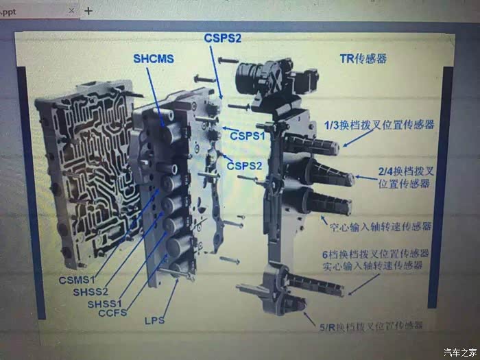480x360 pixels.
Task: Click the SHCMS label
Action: coord(154,58)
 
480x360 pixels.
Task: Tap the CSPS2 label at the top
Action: coord(223,38)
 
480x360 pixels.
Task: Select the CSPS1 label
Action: coord(248,136)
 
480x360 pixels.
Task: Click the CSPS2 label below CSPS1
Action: coord(244,166)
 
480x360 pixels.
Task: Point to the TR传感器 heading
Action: coord(363,58)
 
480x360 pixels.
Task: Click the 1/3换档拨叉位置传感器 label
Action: coord(379,125)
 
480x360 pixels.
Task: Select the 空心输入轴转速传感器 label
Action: coord(381,226)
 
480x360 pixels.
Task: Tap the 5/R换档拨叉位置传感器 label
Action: coord(371,326)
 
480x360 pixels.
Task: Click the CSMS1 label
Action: coord(77,280)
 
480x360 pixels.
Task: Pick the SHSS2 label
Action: coord(91,291)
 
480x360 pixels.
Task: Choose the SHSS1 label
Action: coord(104,304)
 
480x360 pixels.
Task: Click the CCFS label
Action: coord(112,313)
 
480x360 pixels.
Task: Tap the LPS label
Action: coord(154,320)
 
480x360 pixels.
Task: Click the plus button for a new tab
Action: coord(88,11)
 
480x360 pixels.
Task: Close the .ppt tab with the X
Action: coord(71,11)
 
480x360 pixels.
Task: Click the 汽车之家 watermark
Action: coord(460,352)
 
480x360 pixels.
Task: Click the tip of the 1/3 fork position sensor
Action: coord(336,148)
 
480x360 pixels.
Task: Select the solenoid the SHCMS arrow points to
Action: coord(172,132)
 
